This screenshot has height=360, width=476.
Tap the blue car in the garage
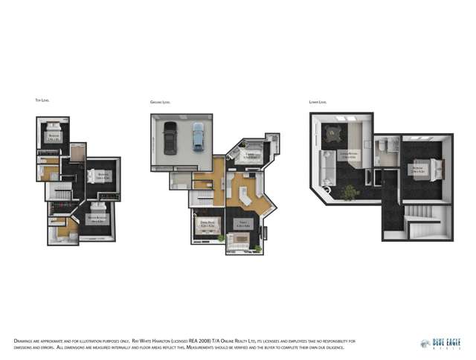tap(197, 136)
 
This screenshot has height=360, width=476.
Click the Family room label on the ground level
tap(242, 223)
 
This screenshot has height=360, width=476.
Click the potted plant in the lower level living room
tap(347, 193)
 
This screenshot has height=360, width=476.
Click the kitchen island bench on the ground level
tap(249, 192)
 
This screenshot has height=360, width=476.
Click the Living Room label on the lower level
tap(347, 156)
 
